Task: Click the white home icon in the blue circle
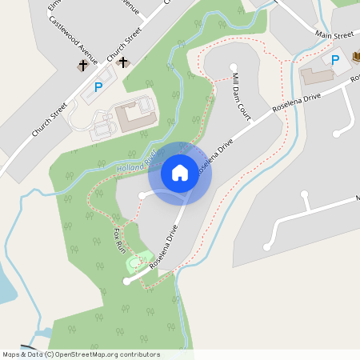pyautogui.click(x=180, y=172)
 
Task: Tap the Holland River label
pyautogui.click(x=136, y=163)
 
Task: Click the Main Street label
pyautogui.click(x=334, y=35)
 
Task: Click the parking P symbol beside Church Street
pyautogui.click(x=98, y=87)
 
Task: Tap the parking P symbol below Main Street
pyautogui.click(x=335, y=60)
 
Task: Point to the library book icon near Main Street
pyautogui.click(x=357, y=56)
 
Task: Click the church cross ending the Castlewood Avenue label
pyautogui.click(x=82, y=66)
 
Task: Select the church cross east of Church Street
pyautogui.click(x=122, y=62)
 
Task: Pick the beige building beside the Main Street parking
pyautogui.click(x=317, y=75)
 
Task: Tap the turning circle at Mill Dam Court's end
pyautogui.click(x=234, y=67)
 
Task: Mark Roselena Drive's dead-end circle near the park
pyautogui.click(x=126, y=281)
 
